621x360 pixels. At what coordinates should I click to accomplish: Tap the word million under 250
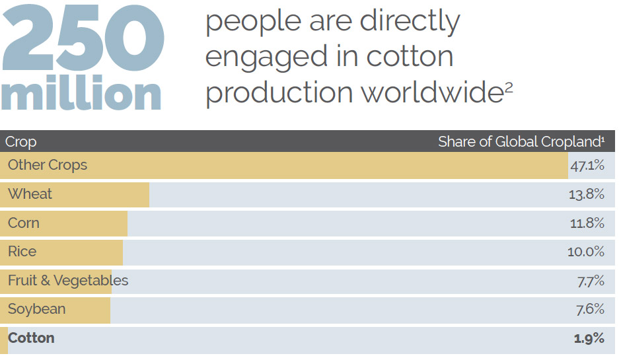click(x=81, y=92)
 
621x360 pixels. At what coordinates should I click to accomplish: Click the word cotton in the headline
click(x=410, y=57)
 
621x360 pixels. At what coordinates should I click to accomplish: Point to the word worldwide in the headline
click(x=432, y=92)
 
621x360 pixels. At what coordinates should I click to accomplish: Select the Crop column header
click(x=20, y=142)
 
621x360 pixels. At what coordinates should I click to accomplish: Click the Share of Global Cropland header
click(x=521, y=141)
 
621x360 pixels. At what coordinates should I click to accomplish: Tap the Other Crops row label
click(x=48, y=165)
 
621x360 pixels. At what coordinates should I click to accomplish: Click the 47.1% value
click(x=587, y=165)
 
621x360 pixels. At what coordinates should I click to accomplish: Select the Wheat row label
click(x=30, y=194)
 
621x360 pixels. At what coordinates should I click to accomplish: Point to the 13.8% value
click(x=586, y=194)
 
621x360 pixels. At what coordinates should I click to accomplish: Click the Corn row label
click(x=24, y=223)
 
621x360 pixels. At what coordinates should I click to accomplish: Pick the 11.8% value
click(x=587, y=223)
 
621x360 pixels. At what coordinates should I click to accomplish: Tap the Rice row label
click(x=22, y=252)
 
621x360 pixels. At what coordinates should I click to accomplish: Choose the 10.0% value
click(x=586, y=252)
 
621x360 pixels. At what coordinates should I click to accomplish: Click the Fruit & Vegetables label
click(x=68, y=280)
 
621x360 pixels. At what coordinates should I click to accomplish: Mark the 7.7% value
click(x=591, y=281)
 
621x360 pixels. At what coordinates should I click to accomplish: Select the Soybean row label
click(x=37, y=309)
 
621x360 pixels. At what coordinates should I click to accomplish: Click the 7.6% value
click(x=590, y=309)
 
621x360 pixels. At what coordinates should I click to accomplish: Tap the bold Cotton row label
click(x=31, y=338)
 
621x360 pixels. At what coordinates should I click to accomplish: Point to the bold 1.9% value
click(x=589, y=338)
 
